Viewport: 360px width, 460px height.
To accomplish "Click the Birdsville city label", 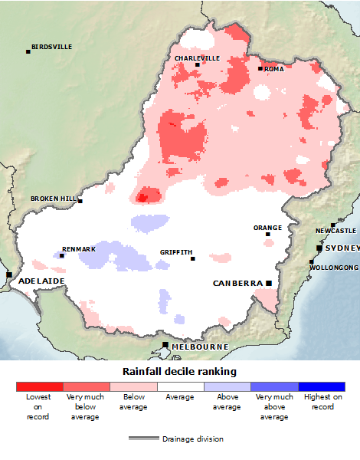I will pos(53,47).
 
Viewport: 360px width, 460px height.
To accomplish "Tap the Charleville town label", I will pos(197,58).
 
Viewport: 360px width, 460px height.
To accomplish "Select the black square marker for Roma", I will pos(260,69).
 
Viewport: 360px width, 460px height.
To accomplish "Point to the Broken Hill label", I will pos(54,199).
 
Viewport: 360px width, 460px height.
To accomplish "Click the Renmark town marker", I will pos(62,255).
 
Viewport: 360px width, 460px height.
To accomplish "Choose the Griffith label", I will pos(176,252).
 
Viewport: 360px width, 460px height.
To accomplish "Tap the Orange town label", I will pos(268,228).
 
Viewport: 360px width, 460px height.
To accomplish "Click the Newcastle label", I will pos(335,231).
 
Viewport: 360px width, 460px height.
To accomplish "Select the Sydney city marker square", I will pos(319,248).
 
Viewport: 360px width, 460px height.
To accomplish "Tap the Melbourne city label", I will pos(200,347).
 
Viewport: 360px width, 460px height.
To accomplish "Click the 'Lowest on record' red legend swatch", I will pos(39,387).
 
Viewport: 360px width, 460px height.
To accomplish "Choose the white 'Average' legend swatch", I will pos(180,387).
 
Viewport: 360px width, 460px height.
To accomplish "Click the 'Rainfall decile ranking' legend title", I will pos(180,371).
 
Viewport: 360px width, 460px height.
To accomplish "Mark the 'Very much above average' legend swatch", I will pos(274,387).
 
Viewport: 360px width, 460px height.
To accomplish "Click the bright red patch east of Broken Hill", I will pos(142,198).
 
